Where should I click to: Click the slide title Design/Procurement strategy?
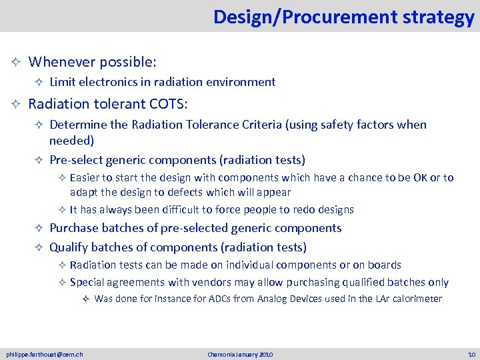[343, 17]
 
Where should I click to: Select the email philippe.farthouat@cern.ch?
[45, 354]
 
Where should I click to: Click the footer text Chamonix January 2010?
[240, 354]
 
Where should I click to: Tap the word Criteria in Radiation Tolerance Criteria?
[271, 125]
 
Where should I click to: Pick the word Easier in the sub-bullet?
[85, 177]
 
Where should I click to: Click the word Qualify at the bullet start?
[69, 247]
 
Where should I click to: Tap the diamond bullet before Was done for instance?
[86, 299]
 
